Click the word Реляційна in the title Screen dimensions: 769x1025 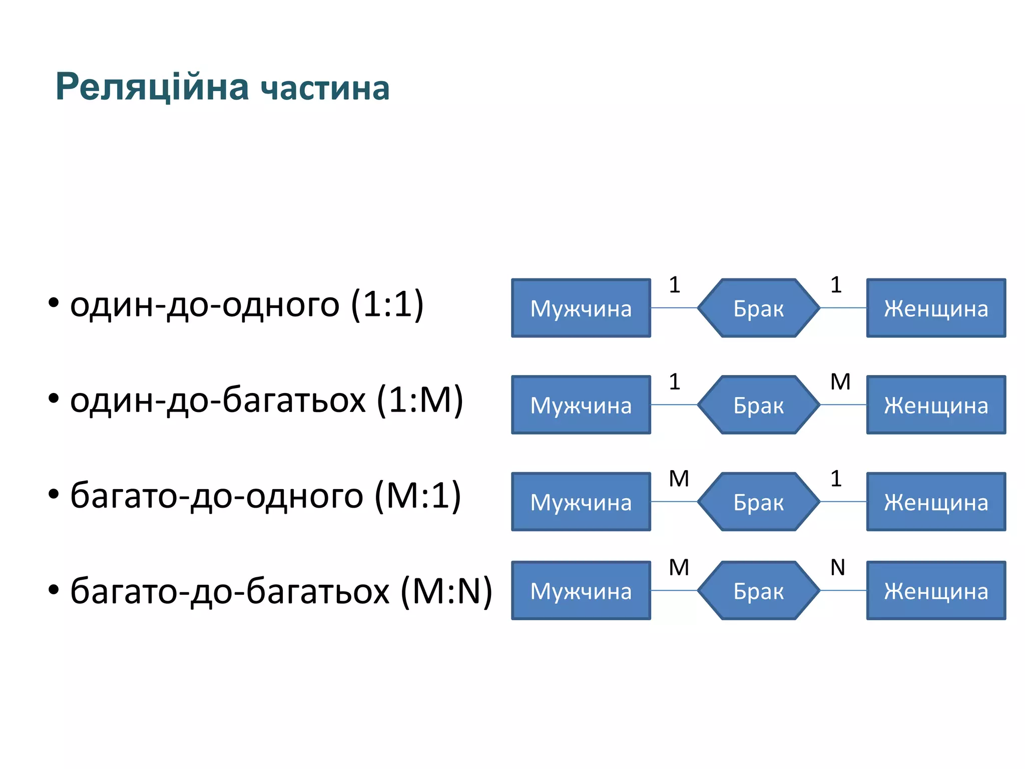pos(152,87)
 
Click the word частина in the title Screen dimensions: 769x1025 pos(325,89)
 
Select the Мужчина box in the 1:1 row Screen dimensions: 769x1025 pos(581,308)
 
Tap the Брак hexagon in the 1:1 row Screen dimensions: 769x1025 pos(758,308)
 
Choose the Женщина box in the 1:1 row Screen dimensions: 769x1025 pos(936,308)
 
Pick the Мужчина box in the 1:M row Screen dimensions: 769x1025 pos(581,405)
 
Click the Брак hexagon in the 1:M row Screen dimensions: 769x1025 pos(758,405)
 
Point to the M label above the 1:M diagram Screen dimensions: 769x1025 pos(840,382)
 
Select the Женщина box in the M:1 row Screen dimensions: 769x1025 pos(936,502)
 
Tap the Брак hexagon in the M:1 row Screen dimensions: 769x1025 pos(758,502)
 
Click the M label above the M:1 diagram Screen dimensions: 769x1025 pos(679,479)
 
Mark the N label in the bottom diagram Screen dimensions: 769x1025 pos(837,568)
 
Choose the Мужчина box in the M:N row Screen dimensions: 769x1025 pos(581,591)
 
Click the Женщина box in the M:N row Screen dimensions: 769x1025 pos(936,591)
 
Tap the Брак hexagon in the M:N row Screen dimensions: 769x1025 pos(758,591)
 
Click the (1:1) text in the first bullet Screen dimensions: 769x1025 pos(387,304)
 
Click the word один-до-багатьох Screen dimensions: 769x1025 pos(218,401)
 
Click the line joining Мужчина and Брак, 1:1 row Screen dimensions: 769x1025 pos(674,308)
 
